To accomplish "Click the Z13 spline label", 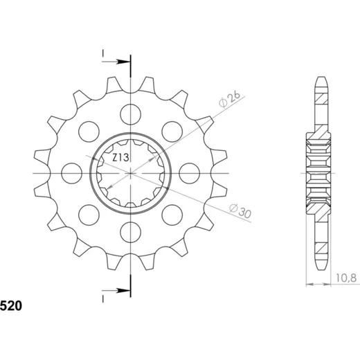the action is [120, 158].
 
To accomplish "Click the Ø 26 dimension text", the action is [230, 100].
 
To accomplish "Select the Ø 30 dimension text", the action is [240, 211].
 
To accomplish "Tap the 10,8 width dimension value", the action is [346, 278].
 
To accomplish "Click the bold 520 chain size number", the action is [11, 306].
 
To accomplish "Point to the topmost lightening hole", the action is [131, 114].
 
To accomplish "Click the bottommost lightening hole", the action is [131, 232].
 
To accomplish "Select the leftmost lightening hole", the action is [72, 173].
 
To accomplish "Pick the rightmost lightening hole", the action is [190, 173].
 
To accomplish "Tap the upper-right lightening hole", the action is [172, 132].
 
